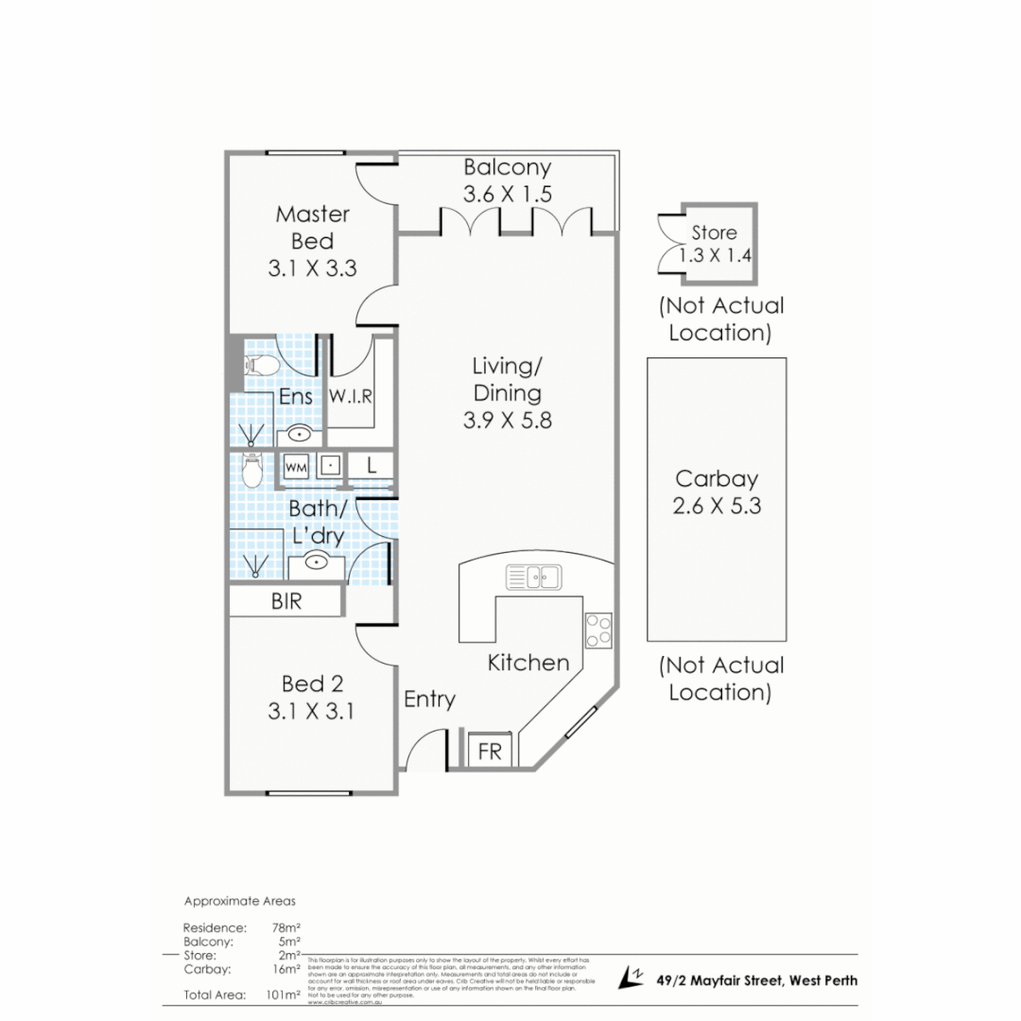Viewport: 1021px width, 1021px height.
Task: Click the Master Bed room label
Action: [312, 227]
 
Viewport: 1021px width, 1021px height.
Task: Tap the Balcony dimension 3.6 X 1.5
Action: [507, 195]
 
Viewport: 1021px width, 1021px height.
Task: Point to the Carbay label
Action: [717, 478]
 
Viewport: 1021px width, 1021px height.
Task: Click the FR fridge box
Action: [491, 752]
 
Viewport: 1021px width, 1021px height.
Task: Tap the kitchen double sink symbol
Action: [534, 575]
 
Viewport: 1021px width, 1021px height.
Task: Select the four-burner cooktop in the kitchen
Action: [597, 629]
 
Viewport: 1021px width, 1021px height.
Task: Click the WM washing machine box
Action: [296, 466]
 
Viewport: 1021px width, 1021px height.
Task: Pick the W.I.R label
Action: [350, 397]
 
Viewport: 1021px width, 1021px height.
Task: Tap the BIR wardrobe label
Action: [286, 601]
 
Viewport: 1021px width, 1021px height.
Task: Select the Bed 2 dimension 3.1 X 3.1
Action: [311, 711]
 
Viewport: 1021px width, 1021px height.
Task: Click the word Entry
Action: [429, 700]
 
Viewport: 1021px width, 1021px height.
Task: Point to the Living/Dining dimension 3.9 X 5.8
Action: [507, 421]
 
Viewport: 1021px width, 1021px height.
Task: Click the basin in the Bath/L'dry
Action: [317, 562]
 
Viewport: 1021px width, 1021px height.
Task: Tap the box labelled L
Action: [372, 466]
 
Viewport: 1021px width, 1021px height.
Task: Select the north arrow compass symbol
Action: [631, 978]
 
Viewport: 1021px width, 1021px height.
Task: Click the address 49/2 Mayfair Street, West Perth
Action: [756, 980]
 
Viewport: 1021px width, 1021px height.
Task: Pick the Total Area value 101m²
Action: [285, 995]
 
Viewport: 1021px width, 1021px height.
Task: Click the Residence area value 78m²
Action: [286, 927]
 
